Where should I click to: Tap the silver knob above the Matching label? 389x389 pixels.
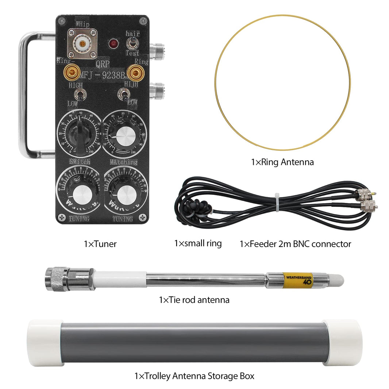126,136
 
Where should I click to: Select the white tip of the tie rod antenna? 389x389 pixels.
338,280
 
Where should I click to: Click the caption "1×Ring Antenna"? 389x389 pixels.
282,162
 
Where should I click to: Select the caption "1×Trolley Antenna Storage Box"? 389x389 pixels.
194,375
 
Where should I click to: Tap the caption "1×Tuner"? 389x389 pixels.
100,244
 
